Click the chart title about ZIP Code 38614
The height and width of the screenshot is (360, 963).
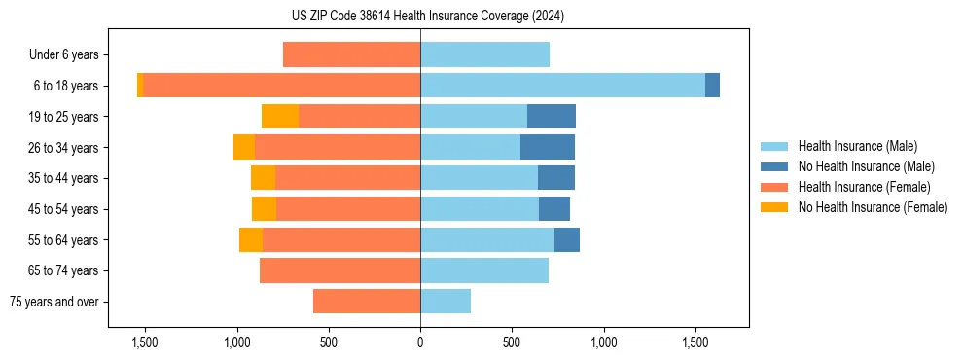pos(427,16)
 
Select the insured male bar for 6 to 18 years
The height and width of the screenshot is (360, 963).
pos(562,86)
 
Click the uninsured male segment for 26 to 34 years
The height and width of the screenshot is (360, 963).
pos(548,147)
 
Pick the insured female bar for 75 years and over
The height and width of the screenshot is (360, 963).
pos(367,302)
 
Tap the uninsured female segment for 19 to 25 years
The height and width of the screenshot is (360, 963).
pos(280,117)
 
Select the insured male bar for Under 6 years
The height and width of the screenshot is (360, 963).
pos(484,54)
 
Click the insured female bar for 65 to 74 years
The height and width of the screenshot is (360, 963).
pos(339,270)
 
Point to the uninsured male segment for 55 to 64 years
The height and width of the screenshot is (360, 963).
pos(567,239)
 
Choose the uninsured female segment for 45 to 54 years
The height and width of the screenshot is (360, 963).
pos(264,209)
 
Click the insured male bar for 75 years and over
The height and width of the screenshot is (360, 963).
pos(446,302)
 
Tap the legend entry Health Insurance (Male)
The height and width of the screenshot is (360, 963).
pos(857,146)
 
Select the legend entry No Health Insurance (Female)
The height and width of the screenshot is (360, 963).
pos(873,207)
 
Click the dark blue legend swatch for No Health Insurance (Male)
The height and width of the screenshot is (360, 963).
pos(774,166)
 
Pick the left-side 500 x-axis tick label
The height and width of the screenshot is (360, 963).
pos(329,342)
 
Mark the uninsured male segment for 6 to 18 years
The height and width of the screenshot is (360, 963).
pos(712,86)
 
